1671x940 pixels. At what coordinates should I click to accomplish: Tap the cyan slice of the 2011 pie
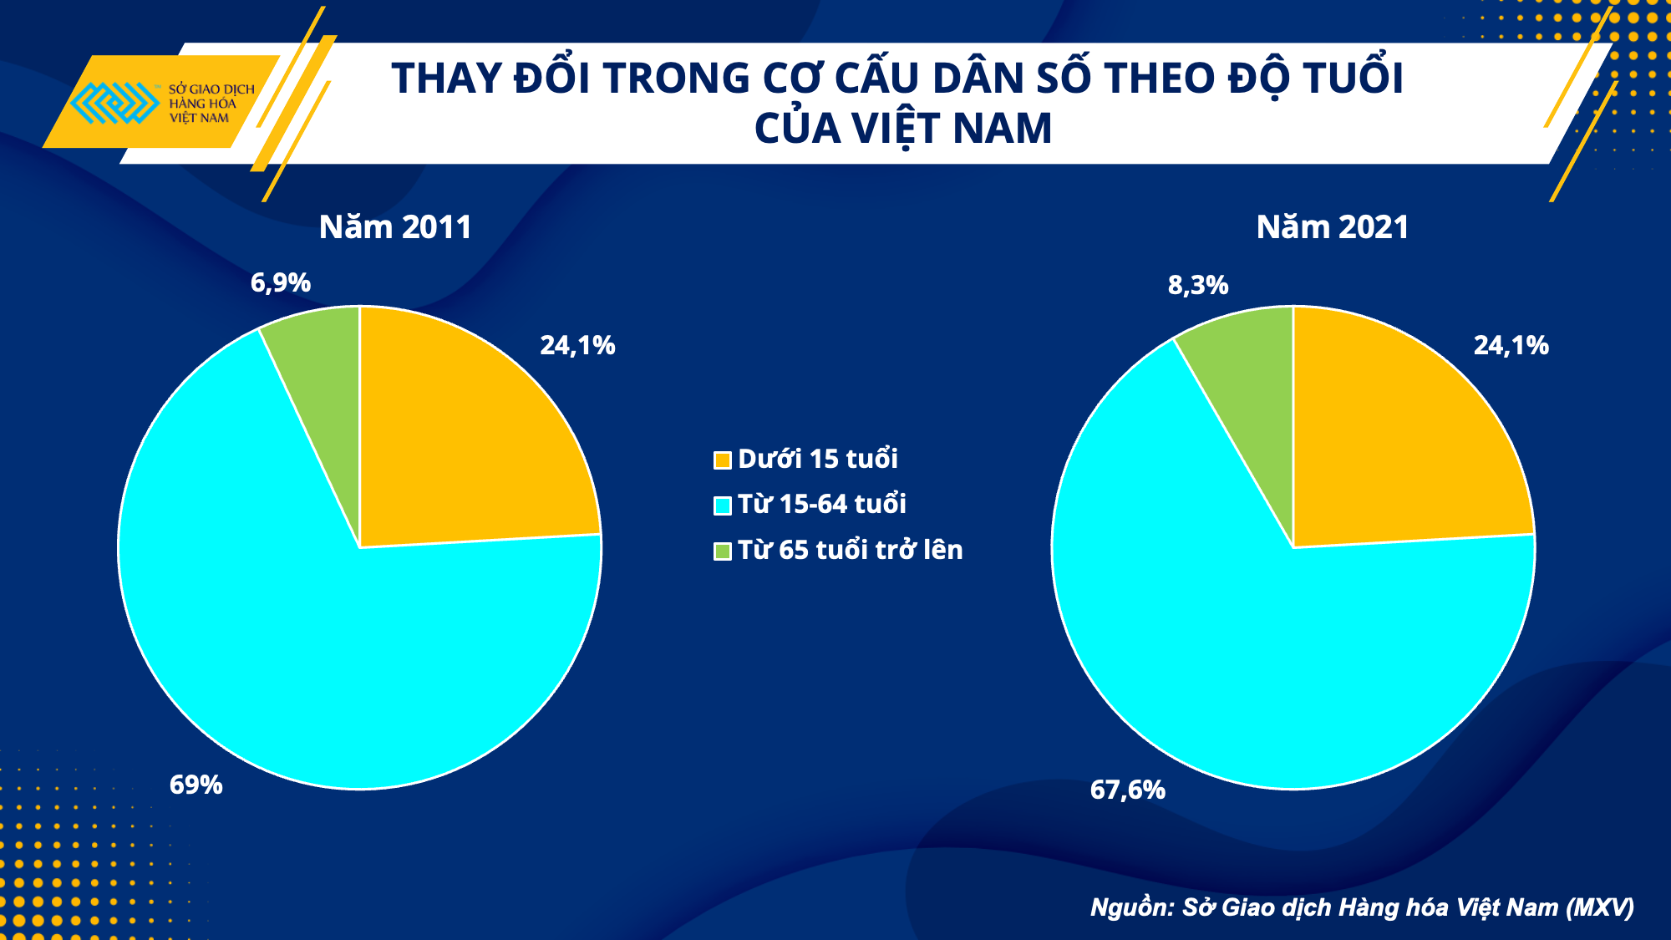[x=334, y=652]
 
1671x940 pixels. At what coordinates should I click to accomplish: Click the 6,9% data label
[x=281, y=283]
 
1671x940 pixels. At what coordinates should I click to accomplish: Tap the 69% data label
[x=196, y=785]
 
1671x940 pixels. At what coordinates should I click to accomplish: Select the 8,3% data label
[x=1198, y=286]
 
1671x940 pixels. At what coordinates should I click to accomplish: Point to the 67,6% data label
[x=1127, y=790]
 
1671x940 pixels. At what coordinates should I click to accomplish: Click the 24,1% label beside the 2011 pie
[x=577, y=345]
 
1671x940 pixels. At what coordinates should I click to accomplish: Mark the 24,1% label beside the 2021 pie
[x=1511, y=345]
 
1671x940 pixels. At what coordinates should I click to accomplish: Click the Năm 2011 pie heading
[x=395, y=227]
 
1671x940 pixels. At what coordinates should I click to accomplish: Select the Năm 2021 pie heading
[x=1333, y=227]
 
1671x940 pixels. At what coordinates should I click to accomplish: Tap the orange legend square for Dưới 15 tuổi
[x=723, y=460]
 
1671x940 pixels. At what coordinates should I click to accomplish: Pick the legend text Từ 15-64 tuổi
[x=822, y=504]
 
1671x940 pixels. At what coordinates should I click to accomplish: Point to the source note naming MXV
[x=1362, y=907]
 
